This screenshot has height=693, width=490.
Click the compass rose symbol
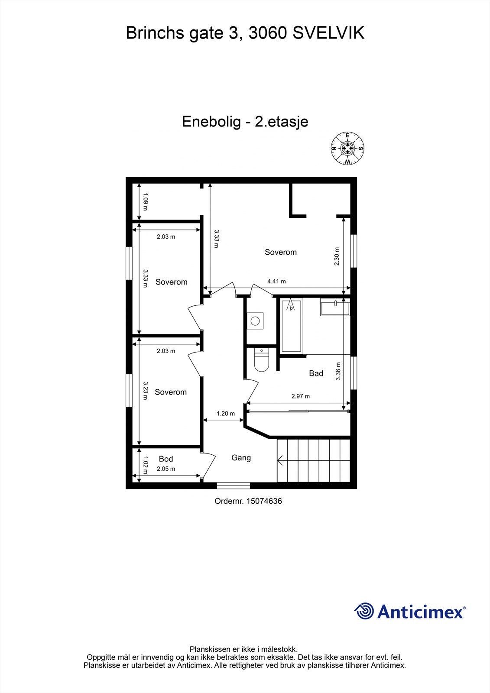(347, 148)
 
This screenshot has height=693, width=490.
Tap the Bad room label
(316, 373)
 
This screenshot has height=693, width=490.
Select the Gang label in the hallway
(241, 457)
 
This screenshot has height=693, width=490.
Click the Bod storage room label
(166, 459)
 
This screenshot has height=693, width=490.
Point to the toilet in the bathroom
(262, 361)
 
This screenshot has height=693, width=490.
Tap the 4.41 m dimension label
(276, 281)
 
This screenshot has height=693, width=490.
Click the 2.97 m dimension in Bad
(300, 396)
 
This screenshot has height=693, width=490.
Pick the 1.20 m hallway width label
(225, 413)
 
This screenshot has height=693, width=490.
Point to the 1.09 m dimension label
(146, 201)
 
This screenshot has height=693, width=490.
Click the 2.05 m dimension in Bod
(166, 469)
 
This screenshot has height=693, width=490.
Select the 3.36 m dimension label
(338, 371)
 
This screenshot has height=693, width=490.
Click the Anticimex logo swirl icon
(364, 611)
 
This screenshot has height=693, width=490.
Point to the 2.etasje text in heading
(281, 121)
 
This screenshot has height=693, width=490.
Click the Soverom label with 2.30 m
(281, 252)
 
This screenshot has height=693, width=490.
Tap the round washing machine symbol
(255, 321)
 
